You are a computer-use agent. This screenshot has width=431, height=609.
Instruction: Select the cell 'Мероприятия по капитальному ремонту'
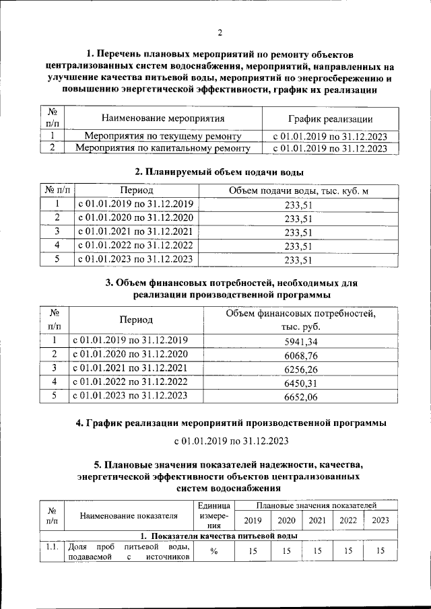pyautogui.click(x=162, y=149)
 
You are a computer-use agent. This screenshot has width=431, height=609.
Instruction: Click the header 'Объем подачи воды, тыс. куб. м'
pyautogui.click(x=298, y=191)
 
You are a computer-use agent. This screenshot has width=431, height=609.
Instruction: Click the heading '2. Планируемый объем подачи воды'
pyautogui.click(x=215, y=172)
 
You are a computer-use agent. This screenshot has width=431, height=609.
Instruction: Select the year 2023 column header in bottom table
pyautogui.click(x=380, y=520)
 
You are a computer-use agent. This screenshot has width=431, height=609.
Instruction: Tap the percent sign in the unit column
pyautogui.click(x=213, y=552)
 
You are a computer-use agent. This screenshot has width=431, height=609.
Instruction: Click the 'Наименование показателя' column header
pyautogui.click(x=129, y=516)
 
